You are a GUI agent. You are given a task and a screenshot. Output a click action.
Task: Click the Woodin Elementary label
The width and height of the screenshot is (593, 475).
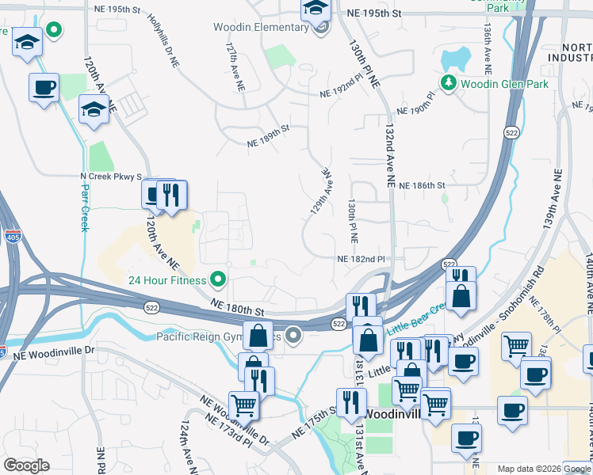[x=261, y=28]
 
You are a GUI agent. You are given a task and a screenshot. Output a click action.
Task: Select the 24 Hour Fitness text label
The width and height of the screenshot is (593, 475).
[x=166, y=279]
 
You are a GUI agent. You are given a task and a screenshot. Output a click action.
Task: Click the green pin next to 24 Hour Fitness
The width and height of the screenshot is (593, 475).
[x=216, y=279]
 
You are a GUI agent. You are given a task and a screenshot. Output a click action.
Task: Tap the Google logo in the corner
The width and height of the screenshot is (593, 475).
[x=26, y=465]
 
